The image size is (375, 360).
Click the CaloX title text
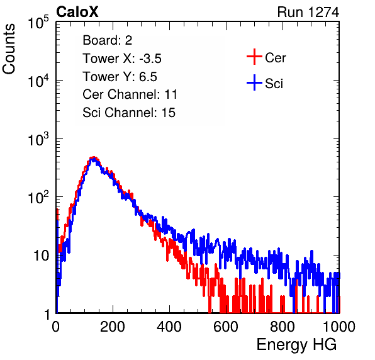77,12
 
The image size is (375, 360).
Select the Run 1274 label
308,12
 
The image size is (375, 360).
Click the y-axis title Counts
9,49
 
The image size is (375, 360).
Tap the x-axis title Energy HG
296,345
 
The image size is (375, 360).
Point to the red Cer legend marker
254,57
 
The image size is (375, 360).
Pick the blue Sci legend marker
254,82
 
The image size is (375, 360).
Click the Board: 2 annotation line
108,40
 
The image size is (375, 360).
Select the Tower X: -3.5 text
122,59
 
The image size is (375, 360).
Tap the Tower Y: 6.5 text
120,77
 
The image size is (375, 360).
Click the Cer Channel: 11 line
130,94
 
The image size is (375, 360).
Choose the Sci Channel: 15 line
129,113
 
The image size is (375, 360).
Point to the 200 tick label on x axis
113,327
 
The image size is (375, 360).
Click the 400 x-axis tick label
169,327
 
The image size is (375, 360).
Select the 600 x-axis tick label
226,327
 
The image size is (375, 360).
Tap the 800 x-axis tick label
283,327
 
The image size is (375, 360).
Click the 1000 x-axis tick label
339,327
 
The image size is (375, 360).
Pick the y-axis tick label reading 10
41,256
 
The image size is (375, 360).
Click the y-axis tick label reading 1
47,314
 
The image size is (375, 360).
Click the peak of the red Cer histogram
94,157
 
